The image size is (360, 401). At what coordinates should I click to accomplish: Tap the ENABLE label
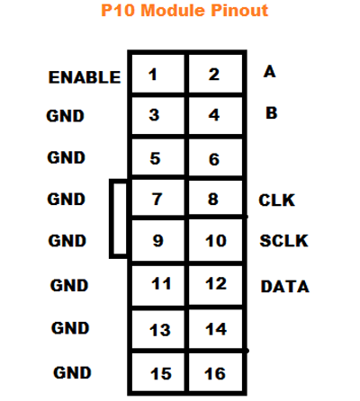85,77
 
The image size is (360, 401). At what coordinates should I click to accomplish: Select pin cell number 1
156,74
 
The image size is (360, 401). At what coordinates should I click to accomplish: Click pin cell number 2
214,74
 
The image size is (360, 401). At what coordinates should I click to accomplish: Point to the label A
269,71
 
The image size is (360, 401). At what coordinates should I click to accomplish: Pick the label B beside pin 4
269,113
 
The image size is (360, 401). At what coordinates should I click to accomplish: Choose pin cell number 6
214,159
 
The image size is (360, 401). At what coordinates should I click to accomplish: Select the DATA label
284,287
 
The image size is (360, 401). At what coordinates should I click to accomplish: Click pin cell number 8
214,200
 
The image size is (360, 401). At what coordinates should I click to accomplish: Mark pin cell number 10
214,242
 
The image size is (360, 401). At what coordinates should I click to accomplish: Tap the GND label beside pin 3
66,116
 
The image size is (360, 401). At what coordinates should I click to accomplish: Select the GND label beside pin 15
72,371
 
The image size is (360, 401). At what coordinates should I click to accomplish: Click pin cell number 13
159,330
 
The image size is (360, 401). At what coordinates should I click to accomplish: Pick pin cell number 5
156,159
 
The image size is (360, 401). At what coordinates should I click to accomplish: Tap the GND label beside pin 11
69,286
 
